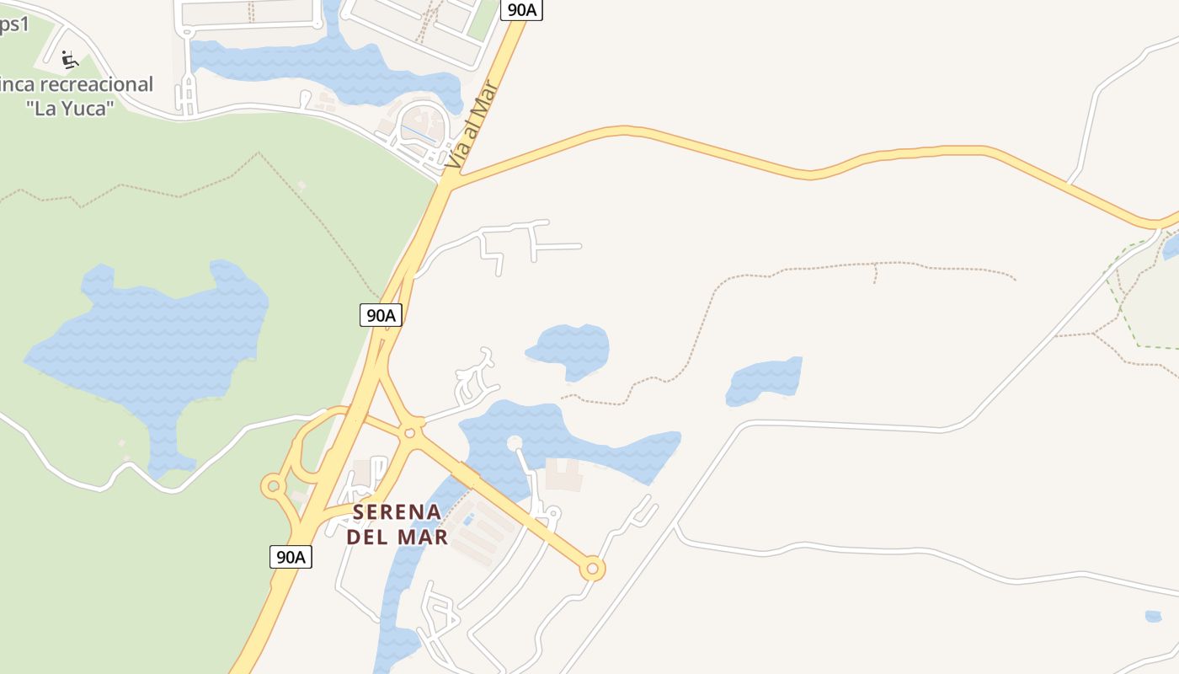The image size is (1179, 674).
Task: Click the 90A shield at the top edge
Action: click(x=522, y=9)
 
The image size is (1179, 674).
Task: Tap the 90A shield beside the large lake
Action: click(x=381, y=315)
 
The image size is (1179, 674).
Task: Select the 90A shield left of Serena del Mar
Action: click(x=291, y=557)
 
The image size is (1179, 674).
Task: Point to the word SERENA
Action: click(x=397, y=512)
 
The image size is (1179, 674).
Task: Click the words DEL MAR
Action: click(x=397, y=537)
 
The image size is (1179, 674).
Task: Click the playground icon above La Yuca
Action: click(x=70, y=59)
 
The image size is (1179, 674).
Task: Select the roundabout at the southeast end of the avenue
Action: click(x=592, y=570)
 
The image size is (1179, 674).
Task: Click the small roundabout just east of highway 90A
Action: click(x=410, y=432)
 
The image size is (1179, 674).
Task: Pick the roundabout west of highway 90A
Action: click(x=272, y=485)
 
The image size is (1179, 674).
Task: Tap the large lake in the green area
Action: click(x=152, y=345)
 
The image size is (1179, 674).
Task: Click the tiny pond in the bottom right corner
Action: click(x=1153, y=617)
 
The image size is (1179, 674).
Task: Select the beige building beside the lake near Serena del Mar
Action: click(x=563, y=474)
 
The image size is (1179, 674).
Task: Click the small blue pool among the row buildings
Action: click(x=468, y=520)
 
